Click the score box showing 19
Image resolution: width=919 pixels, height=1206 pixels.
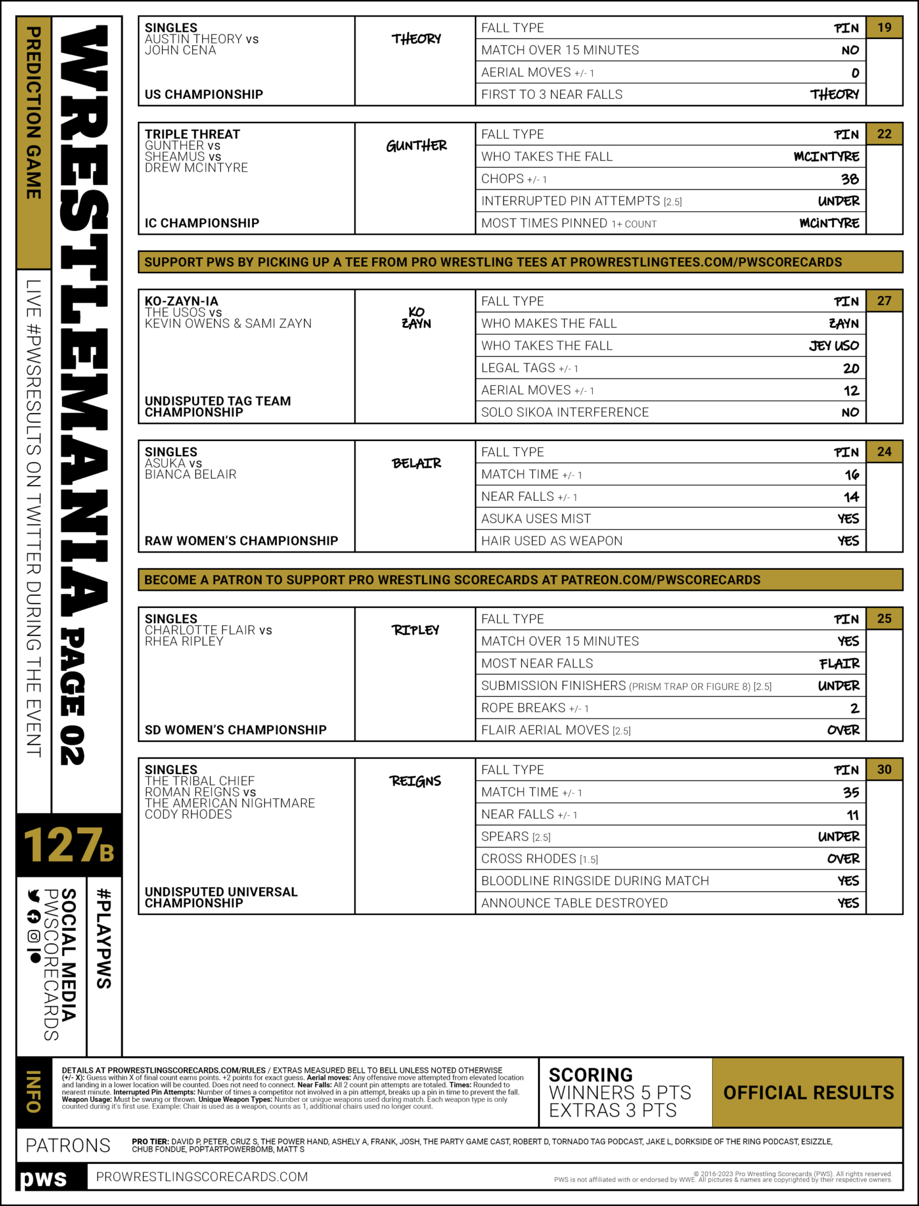pos(884,27)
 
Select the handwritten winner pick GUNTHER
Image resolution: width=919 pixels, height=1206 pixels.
pos(416,146)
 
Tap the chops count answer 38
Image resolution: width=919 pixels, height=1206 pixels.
pos(849,179)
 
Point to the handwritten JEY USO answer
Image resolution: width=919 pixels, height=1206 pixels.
pos(833,346)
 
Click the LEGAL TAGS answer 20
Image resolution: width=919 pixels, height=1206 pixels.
pos(851,368)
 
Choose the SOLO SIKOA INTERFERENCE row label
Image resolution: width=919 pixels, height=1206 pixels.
pos(565,412)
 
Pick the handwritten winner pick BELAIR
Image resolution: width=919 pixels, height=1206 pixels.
pos(416,463)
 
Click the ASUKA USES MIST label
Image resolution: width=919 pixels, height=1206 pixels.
pos(536,519)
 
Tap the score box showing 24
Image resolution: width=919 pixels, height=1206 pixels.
pos(884,452)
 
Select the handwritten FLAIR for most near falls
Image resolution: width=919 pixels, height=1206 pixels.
pos(839,664)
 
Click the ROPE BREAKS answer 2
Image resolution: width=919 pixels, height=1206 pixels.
pos(855,708)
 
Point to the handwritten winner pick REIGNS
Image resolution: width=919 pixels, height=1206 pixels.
pos(415,781)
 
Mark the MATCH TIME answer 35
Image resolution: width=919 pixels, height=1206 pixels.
pos(851,793)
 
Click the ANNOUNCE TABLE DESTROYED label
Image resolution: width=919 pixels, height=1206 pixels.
pos(574,903)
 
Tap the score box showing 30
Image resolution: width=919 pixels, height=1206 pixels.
pos(884,770)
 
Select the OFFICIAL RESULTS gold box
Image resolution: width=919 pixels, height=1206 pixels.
pos(808,1092)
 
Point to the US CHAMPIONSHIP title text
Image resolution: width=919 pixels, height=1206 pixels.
pos(204,94)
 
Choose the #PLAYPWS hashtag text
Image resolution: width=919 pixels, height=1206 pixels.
pos(104,938)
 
